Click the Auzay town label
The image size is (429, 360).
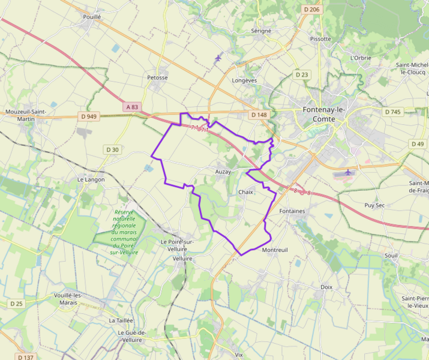coord(223,172)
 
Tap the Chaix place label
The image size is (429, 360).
coord(246,192)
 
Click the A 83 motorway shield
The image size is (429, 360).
coord(132,107)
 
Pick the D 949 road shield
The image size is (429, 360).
coord(88,116)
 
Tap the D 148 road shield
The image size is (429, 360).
coord(259,115)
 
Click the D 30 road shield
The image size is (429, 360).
coord(112,149)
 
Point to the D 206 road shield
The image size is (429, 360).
coord(311,9)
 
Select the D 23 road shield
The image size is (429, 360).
coord(302,75)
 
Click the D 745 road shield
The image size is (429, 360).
coord(393,112)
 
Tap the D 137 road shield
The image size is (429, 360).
coord(25,357)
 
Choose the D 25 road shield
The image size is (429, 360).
coord(16,304)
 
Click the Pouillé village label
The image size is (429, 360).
coord(92,17)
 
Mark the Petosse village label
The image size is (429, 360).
coord(157,77)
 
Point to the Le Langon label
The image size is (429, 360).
coord(91,179)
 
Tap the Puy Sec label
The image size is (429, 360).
coord(374,205)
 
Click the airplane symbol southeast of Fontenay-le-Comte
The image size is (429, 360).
coord(348,172)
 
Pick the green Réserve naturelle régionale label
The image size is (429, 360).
coord(124,232)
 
